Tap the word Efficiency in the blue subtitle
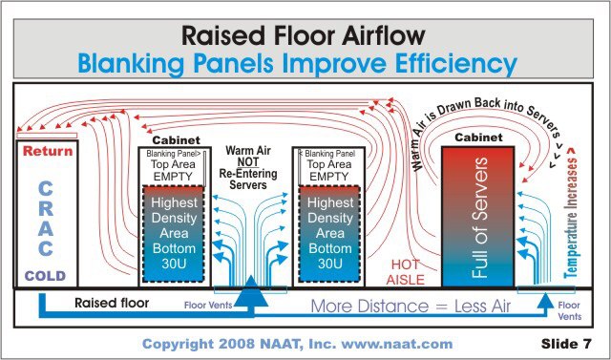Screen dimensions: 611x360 456,64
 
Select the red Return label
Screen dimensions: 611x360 48,151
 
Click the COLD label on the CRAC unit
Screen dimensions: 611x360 46,276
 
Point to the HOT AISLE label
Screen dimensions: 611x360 406,272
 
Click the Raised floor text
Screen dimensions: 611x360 112,303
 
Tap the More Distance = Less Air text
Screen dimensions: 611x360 411,307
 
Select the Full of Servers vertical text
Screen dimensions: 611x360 479,218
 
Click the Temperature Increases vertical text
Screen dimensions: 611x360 571,213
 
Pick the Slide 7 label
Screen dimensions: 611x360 566,344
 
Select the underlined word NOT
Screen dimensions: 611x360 248,161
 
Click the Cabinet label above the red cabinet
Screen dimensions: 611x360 478,138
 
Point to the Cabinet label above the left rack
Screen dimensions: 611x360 176,139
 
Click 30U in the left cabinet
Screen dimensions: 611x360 174,264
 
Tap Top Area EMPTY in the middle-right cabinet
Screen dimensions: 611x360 329,170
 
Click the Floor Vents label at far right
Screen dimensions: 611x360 569,310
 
